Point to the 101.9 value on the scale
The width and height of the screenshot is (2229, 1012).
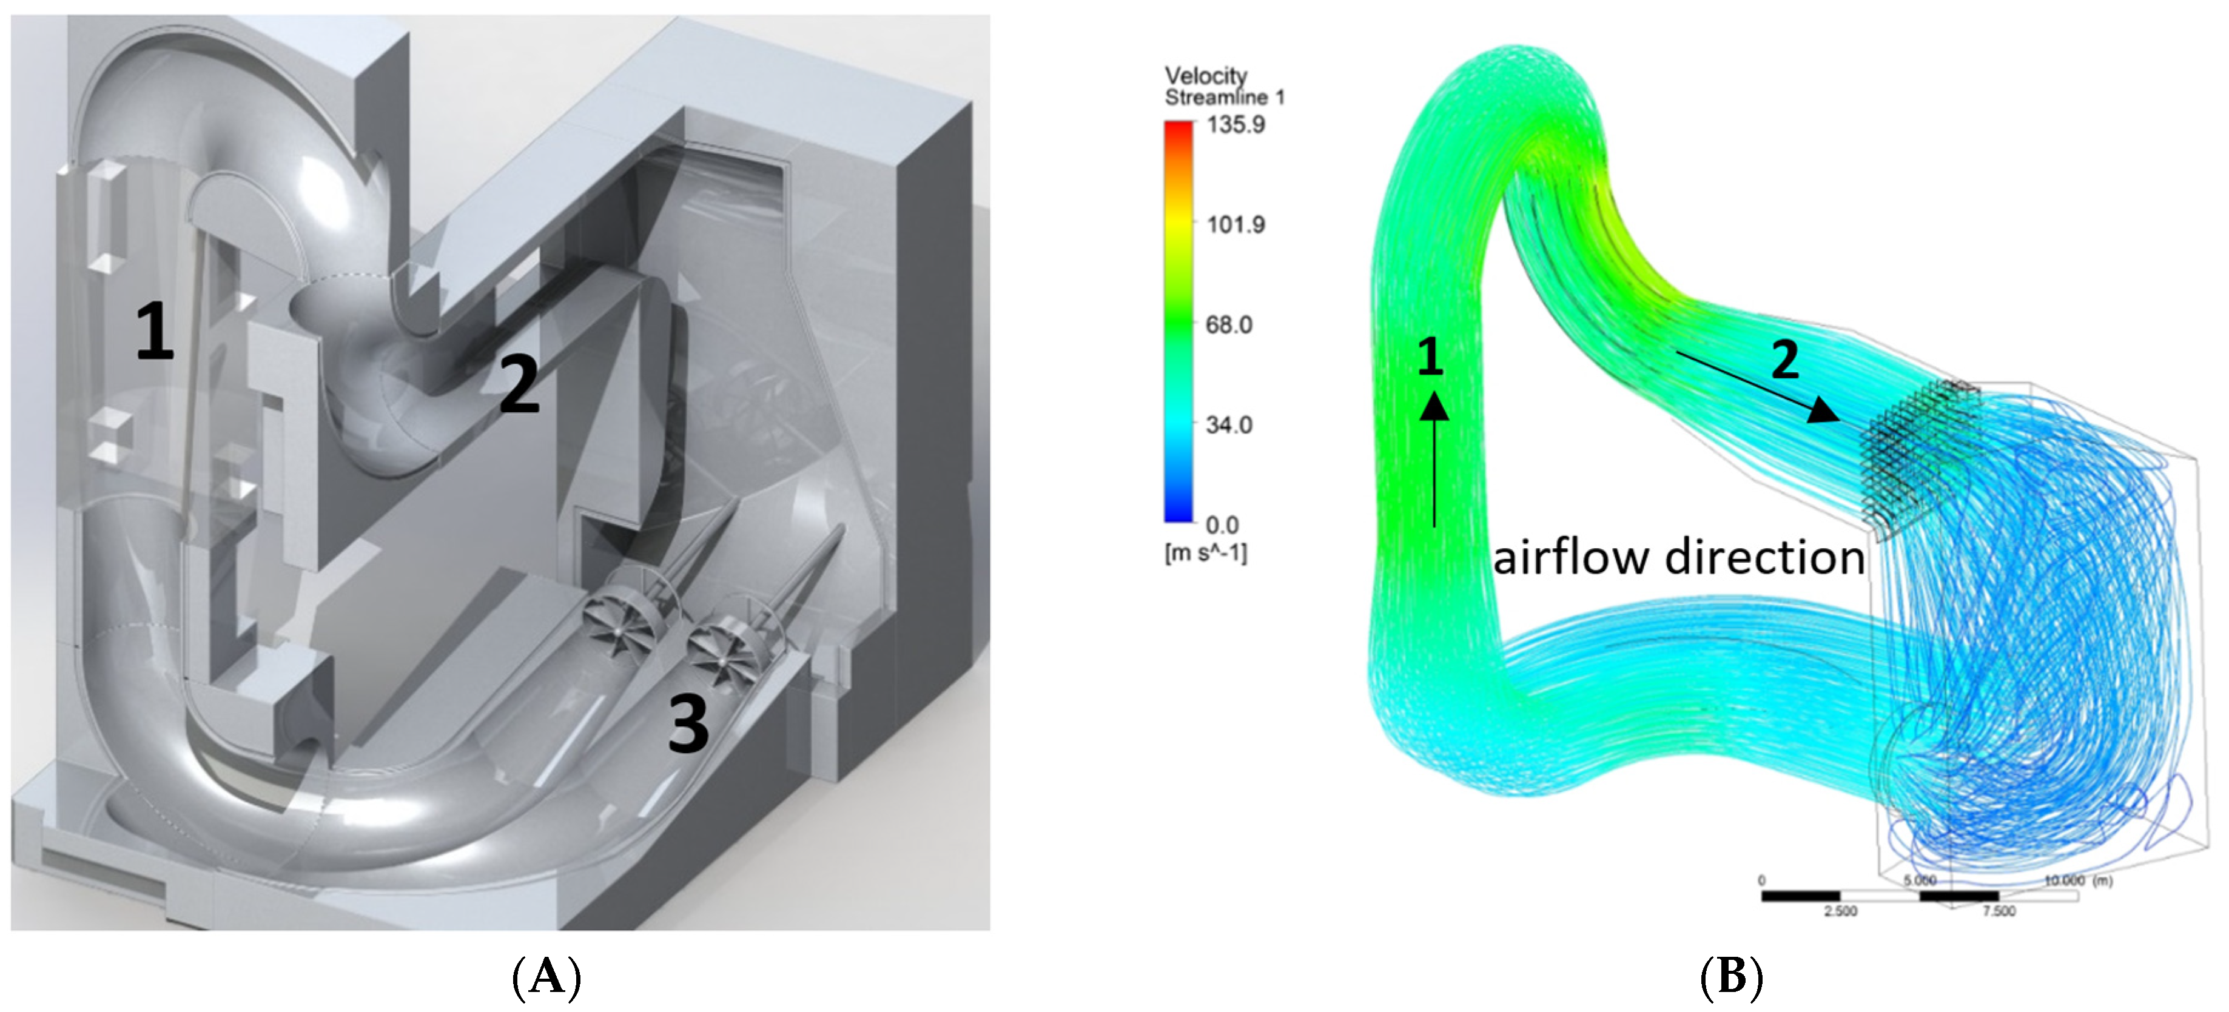1236,225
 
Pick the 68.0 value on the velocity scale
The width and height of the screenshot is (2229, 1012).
1229,325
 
